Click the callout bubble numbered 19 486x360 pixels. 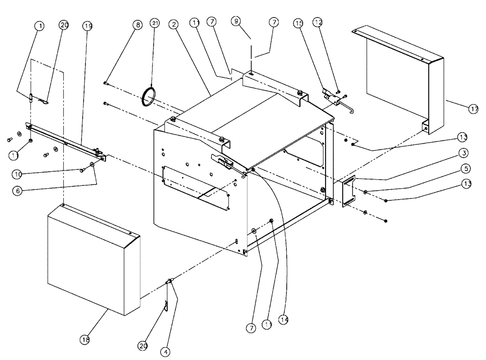click(x=87, y=26)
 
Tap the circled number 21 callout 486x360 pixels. click(x=155, y=23)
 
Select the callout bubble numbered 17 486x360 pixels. click(x=473, y=109)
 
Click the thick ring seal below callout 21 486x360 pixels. click(x=149, y=96)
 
